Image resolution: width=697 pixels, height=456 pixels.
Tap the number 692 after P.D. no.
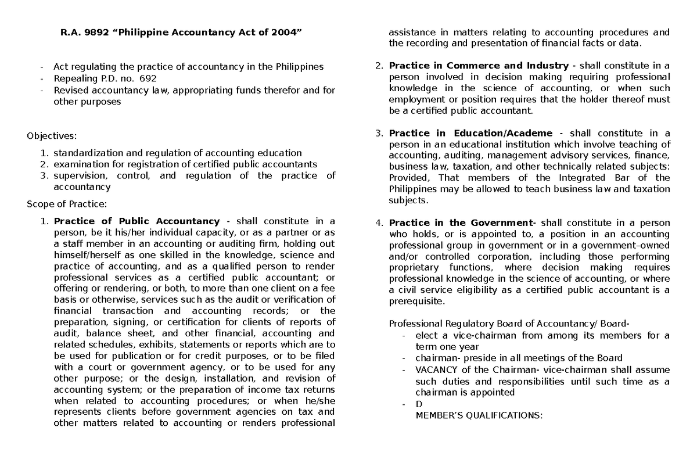[x=147, y=78]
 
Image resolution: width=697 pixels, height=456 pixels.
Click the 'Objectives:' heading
[x=52, y=136]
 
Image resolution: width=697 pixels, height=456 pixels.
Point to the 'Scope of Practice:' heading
[x=67, y=203]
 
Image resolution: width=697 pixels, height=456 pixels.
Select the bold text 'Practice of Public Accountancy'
[x=136, y=221]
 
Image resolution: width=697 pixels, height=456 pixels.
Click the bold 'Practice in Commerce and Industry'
[x=479, y=66]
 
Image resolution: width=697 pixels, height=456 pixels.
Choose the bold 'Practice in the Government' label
[x=462, y=223]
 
